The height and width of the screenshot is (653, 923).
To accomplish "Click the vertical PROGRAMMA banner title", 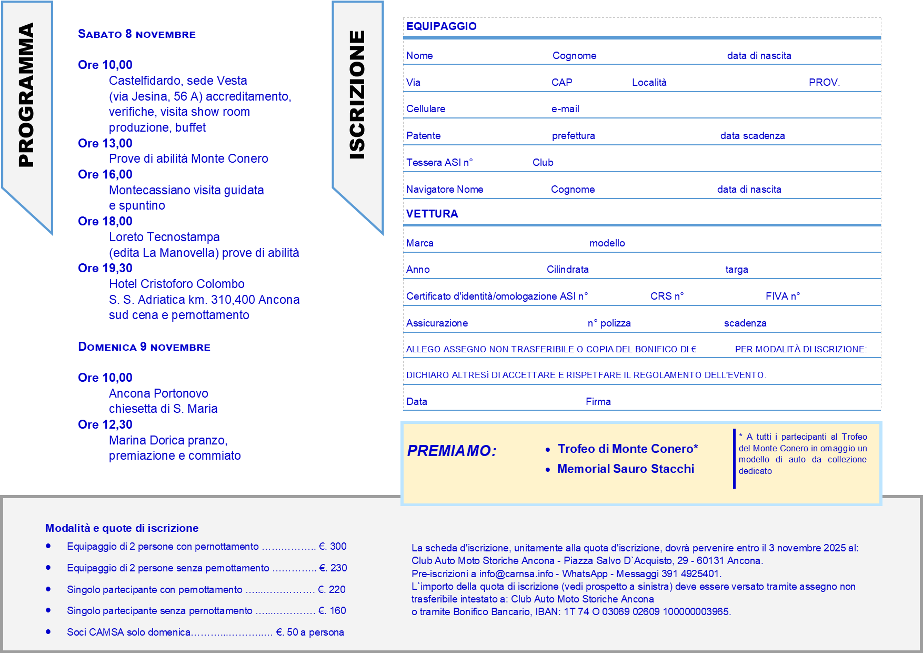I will point(26,95).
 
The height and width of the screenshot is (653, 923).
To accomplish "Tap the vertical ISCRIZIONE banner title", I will point(357,95).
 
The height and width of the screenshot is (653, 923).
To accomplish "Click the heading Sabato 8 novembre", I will point(137,34).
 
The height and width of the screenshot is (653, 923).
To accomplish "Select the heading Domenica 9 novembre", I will point(144,347).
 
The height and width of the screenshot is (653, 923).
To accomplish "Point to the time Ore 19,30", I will point(105,268).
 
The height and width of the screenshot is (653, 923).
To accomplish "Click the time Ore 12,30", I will point(105,424).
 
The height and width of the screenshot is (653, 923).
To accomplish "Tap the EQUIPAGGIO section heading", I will point(441,26).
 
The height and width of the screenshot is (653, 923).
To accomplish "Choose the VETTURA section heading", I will point(432,214).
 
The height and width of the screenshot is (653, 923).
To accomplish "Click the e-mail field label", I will point(565,109).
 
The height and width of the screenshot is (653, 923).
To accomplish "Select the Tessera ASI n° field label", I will point(439,163).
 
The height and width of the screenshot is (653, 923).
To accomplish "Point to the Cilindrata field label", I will point(567,270).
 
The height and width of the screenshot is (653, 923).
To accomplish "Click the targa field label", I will point(736,270).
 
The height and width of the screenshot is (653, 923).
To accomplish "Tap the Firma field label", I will point(598,402).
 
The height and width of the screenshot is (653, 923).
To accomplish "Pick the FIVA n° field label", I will point(782,296).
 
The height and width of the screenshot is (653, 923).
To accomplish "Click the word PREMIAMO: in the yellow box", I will point(452,451).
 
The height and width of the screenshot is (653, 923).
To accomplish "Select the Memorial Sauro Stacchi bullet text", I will point(625,469).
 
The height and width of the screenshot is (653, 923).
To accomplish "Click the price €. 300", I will point(333,547).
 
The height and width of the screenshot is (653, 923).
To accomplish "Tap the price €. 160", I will point(332,611).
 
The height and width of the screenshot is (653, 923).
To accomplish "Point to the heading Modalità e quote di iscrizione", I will point(122,528).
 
